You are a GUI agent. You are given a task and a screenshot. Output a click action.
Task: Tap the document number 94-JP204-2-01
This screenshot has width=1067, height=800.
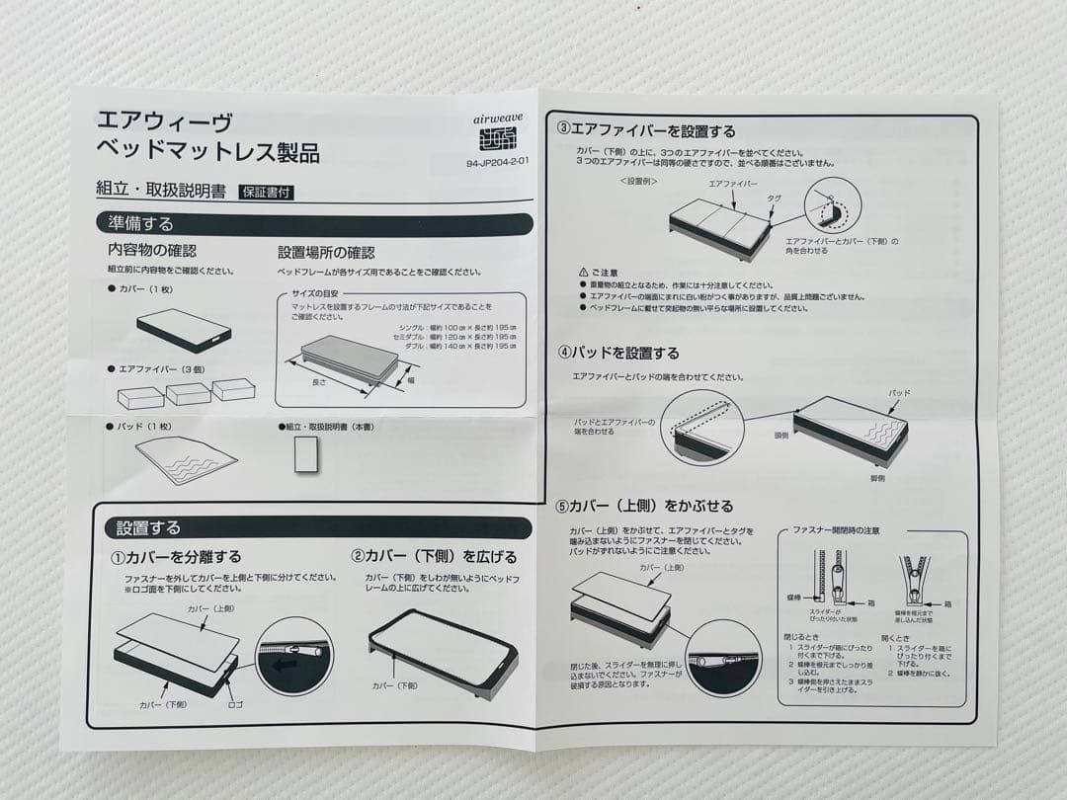499,165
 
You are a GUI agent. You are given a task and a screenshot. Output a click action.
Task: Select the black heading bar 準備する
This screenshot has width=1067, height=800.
314,224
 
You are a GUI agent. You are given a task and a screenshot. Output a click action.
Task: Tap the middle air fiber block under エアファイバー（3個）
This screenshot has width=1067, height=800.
188,393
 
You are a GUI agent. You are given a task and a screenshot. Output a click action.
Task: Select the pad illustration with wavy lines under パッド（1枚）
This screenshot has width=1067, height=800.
186,459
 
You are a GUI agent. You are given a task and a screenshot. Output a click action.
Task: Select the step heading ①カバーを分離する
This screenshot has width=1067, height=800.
176,557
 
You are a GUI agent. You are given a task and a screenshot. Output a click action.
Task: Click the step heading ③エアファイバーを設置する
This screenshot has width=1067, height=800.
646,130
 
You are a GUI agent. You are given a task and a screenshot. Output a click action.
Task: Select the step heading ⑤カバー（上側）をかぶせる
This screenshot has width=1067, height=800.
645,506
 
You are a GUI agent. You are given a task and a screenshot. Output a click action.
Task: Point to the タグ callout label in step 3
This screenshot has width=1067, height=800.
774,198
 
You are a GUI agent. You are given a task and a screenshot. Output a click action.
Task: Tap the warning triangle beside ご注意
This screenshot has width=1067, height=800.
583,272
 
